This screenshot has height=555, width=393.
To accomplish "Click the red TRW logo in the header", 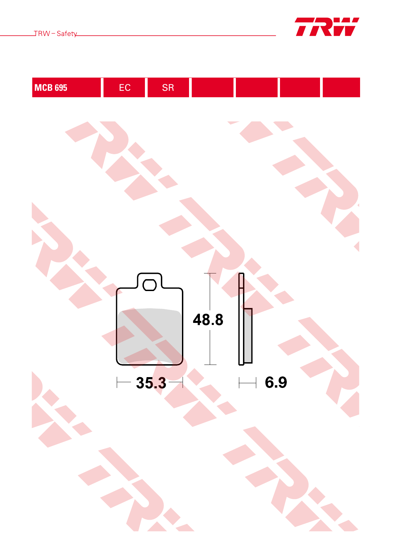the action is coord(327,27).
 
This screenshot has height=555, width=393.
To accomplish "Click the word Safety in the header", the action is coord(67,34).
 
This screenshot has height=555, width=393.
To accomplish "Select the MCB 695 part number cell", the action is coord(66,87).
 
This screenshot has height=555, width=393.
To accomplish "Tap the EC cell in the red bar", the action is coord(124,87).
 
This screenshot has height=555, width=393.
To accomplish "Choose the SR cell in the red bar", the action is coord(168,87).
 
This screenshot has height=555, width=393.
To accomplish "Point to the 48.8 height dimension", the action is coord(208,320).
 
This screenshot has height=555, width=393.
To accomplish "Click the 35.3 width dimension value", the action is coord(151,383).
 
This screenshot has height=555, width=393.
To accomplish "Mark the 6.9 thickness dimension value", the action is coord(276,382).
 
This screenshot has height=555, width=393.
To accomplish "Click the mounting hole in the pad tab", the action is coord(149,285).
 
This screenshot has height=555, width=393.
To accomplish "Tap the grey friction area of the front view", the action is coord(150,336).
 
